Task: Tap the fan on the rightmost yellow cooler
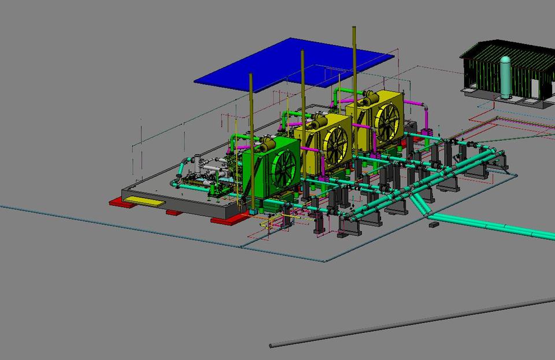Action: (x=386, y=121)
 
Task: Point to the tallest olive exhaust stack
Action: (x=354, y=58)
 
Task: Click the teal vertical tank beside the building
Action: (x=505, y=77)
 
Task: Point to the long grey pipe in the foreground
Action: (x=405, y=324)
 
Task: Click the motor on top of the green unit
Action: (x=267, y=144)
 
